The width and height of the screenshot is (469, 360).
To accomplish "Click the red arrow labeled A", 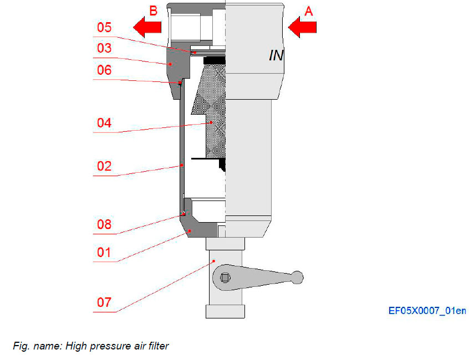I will point(302,27).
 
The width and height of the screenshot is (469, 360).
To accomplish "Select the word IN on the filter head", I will point(276,55).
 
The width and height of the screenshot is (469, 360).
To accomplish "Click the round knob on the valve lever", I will point(298,276).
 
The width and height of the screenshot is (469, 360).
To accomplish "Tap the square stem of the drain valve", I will point(225,277).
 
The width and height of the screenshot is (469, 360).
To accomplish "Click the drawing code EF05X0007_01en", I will point(427,311).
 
